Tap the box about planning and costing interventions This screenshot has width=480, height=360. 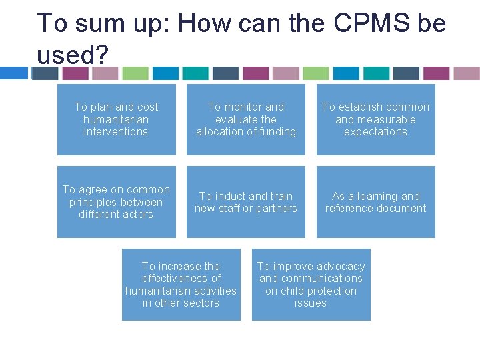pyautogui.click(x=116, y=119)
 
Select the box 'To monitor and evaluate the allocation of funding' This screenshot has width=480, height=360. pyautogui.click(x=245, y=119)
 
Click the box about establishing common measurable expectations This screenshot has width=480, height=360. pyautogui.click(x=375, y=119)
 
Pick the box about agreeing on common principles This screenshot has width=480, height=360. pyautogui.click(x=116, y=202)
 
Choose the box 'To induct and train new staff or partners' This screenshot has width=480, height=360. pyautogui.click(x=245, y=202)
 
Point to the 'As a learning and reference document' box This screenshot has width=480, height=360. pyautogui.click(x=375, y=202)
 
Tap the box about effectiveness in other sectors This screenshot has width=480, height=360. pyautogui.click(x=181, y=285)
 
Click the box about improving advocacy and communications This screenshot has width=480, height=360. pyautogui.click(x=311, y=285)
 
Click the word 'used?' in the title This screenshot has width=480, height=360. pyautogui.click(x=67, y=54)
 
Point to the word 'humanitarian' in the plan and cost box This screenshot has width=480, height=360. pyautogui.click(x=116, y=119)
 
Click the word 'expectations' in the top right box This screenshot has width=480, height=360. pyautogui.click(x=375, y=132)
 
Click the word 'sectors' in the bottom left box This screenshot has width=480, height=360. pyautogui.click(x=201, y=303)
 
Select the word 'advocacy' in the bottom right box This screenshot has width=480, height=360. pyautogui.click(x=339, y=266)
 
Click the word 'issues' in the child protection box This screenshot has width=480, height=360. pyautogui.click(x=311, y=303)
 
